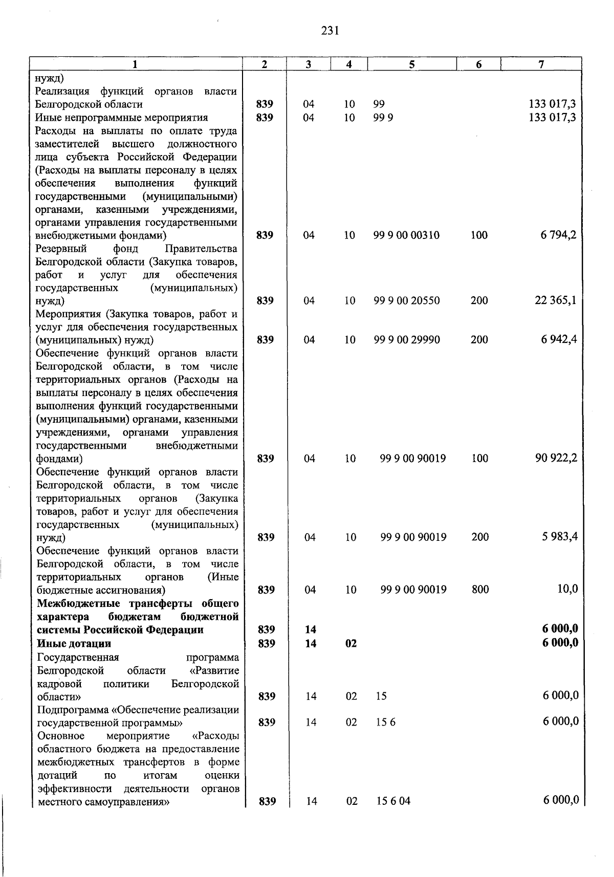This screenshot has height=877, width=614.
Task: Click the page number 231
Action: [331, 31]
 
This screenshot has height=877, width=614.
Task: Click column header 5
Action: [412, 64]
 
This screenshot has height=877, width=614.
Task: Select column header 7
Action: [541, 64]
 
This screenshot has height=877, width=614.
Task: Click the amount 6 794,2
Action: [559, 235]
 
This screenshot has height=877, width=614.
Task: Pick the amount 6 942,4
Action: [559, 339]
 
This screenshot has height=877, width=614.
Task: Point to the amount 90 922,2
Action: [556, 458]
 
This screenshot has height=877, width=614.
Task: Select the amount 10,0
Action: [567, 589]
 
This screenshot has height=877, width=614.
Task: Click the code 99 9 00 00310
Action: [406, 235]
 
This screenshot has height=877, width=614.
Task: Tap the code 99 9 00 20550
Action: [406, 301]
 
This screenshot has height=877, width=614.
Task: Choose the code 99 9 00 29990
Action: [406, 340]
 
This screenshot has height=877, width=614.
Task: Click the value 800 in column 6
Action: [480, 589]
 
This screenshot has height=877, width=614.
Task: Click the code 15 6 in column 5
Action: [386, 722]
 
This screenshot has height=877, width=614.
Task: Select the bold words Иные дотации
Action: [74, 643]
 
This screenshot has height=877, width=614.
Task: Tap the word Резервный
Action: [60, 249]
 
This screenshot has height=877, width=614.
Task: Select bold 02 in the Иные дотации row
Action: [351, 644]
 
